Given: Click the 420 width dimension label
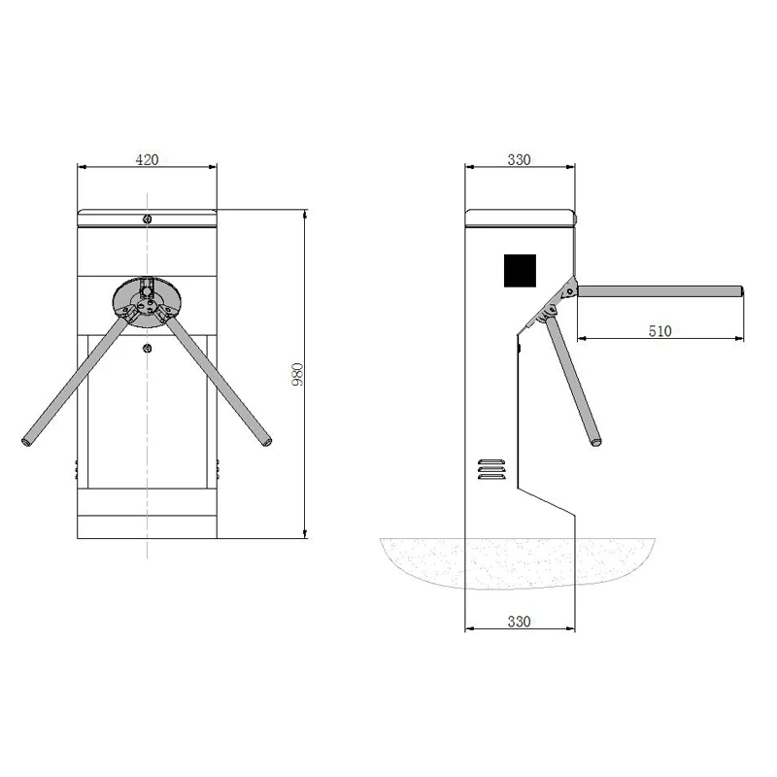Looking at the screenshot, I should point(146,160).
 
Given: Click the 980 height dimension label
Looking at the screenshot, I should point(298,374).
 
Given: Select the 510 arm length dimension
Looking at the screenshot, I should point(659,330).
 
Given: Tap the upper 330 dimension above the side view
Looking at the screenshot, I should point(519,160).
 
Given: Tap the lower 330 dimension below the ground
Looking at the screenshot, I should point(519,622).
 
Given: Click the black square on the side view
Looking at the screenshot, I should point(520,270).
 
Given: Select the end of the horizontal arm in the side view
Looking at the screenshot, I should point(741,290).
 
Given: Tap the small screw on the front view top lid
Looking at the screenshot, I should point(146,218).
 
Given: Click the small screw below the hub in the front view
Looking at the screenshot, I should point(146,349).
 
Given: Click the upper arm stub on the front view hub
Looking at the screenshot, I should point(146,287).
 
